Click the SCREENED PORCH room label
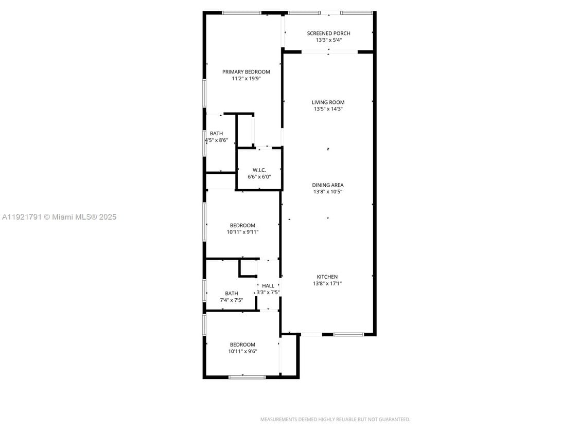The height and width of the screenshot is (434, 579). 328,33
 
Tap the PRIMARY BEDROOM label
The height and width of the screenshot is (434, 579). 246,72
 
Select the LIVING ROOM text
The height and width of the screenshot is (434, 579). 328,102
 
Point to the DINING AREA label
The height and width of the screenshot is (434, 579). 327,185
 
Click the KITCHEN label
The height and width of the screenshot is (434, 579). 327,277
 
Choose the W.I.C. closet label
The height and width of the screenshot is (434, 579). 259,170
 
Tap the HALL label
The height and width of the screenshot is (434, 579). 268,286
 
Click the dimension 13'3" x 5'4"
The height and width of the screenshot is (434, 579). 328,40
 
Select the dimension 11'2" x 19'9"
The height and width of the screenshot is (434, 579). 246,79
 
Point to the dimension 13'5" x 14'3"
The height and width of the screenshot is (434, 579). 328,109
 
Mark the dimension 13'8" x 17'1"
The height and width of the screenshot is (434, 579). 327,283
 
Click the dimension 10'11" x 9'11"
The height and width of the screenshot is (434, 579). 242,232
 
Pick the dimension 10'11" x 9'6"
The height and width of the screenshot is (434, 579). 242,351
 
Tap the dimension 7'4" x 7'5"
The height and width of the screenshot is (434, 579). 231,300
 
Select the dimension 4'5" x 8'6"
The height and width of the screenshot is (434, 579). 216,140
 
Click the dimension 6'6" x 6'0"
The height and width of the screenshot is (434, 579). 259,176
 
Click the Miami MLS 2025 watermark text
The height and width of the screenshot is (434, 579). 59,217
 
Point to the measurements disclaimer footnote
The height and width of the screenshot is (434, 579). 335,420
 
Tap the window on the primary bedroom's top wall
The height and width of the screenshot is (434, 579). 241,13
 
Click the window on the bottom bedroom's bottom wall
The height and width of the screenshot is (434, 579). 247,377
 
